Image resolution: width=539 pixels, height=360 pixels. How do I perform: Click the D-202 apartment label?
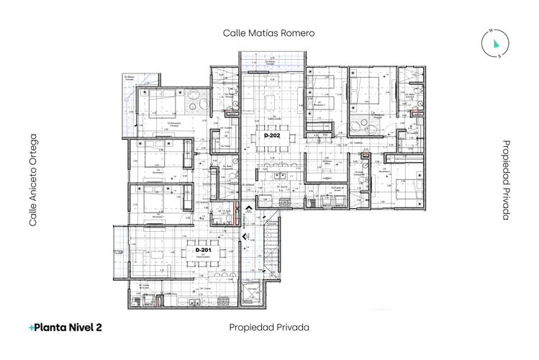271,135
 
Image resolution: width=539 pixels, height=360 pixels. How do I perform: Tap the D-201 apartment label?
202,250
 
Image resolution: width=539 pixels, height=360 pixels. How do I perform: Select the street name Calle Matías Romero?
269,33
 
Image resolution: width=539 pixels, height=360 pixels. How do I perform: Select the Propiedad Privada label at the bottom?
269,327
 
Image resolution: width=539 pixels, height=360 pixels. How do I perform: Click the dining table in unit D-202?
271,143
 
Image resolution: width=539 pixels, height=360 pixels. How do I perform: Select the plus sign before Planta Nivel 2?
32,327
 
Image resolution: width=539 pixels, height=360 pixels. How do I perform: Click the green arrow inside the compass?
496,44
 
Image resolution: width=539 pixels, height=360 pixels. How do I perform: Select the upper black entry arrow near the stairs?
248,210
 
